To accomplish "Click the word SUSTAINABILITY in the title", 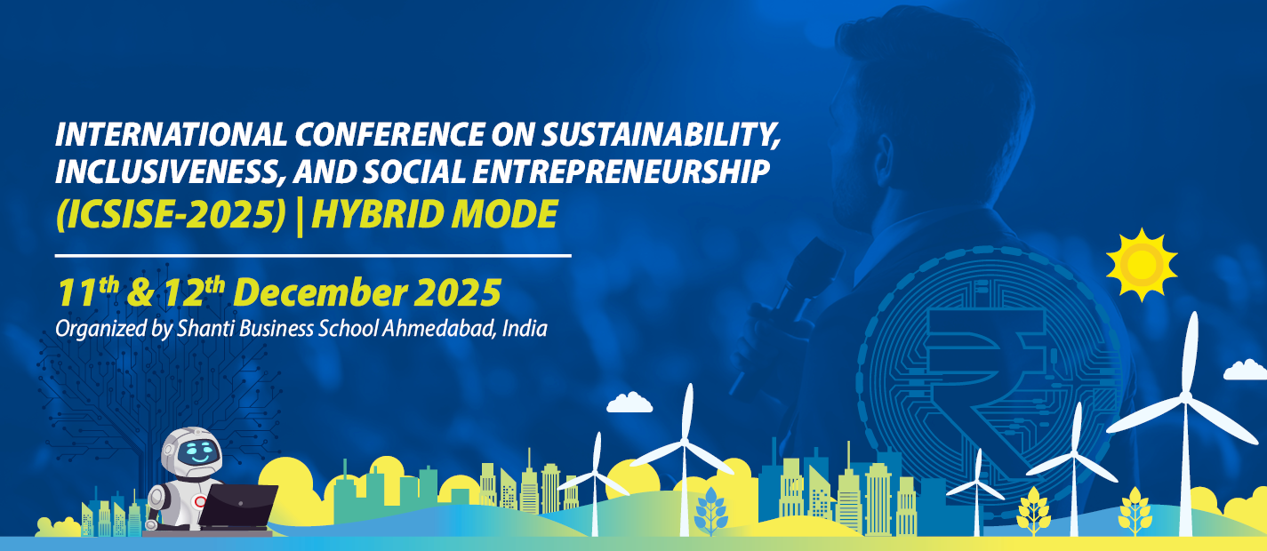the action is (x=660, y=135).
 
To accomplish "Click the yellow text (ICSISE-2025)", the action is (x=170, y=215).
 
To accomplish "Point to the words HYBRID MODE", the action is (x=435, y=214).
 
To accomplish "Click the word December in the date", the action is (x=320, y=292).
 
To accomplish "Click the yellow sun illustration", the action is (x=1141, y=264).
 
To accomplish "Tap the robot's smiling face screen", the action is (x=198, y=452).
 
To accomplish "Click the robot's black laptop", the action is (x=237, y=507).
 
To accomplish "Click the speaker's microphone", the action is (x=792, y=294).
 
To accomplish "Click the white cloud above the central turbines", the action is (x=629, y=403).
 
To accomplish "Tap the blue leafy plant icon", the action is (x=711, y=510).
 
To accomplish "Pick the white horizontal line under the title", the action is (x=313, y=256).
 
